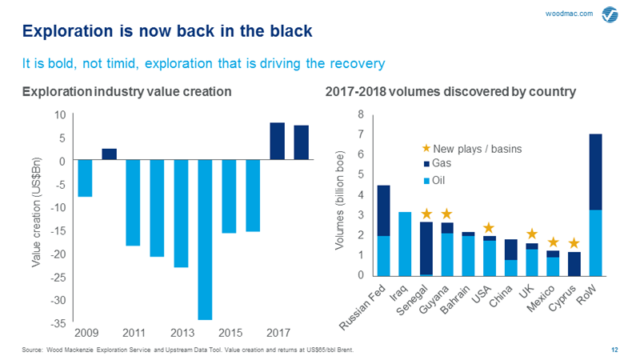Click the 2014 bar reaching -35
coord(206,239)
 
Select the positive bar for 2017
coord(277,141)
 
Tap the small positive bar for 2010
coord(109,154)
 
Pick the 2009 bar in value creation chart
coord(85,178)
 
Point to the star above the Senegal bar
coord(426,214)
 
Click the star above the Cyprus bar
coord(573,242)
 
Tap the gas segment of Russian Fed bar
coord(384,210)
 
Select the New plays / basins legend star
coord(426,148)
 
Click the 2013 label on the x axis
coord(182,333)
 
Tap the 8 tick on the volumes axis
coord(361,114)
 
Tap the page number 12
coord(614,350)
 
